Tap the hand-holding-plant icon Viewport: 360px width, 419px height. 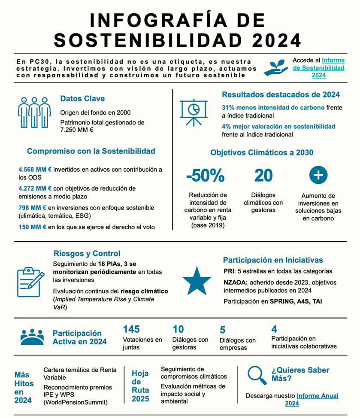tap(276, 67)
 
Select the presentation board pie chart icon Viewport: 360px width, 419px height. tap(193, 110)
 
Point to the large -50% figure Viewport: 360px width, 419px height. tap(205, 176)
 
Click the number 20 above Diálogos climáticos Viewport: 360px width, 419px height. tap(263, 176)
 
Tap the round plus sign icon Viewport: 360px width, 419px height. tap(318, 175)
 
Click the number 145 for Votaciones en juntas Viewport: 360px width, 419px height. tap(131, 329)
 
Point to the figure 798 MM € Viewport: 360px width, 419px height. tap(33, 208)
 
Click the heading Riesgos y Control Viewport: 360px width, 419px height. tap(87, 253)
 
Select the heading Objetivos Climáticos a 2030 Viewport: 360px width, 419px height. tap(262, 152)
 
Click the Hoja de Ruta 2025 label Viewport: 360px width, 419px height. tap(140, 386)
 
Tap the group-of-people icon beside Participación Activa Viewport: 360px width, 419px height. tap(32, 337)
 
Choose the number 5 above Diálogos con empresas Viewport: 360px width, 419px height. tap(222, 330)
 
